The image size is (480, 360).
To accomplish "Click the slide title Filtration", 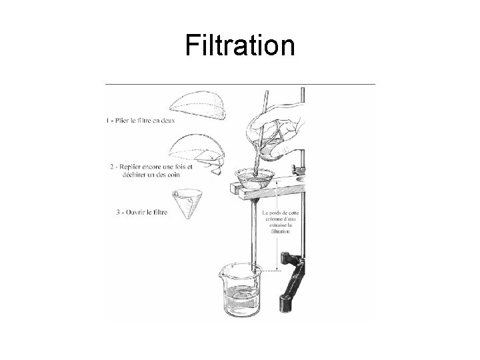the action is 240,45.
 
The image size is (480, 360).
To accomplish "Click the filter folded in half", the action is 198,105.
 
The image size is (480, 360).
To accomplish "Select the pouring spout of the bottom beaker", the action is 223,271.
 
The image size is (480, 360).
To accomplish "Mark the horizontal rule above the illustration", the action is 240,84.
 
